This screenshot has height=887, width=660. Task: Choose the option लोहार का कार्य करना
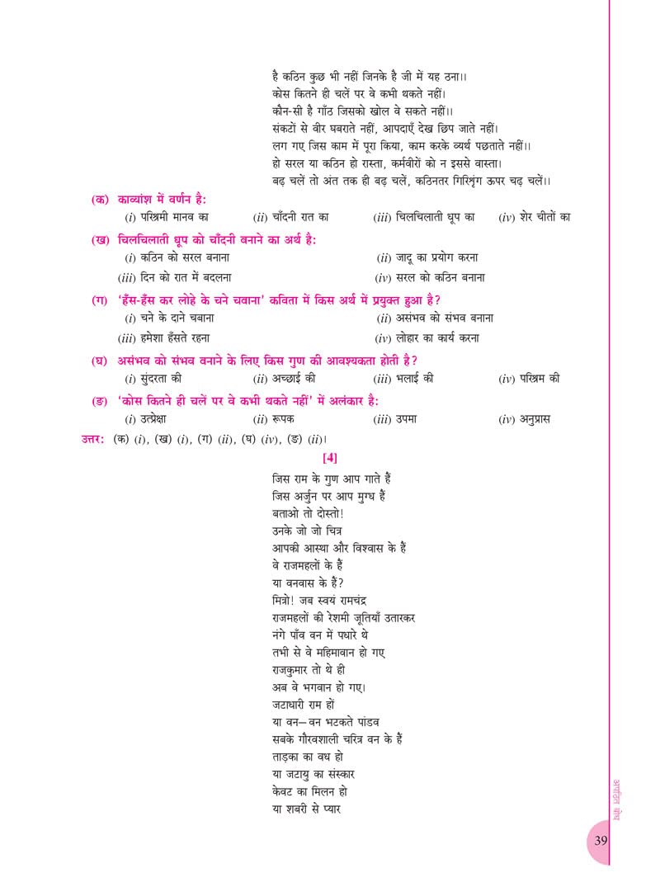[x=442, y=337]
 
